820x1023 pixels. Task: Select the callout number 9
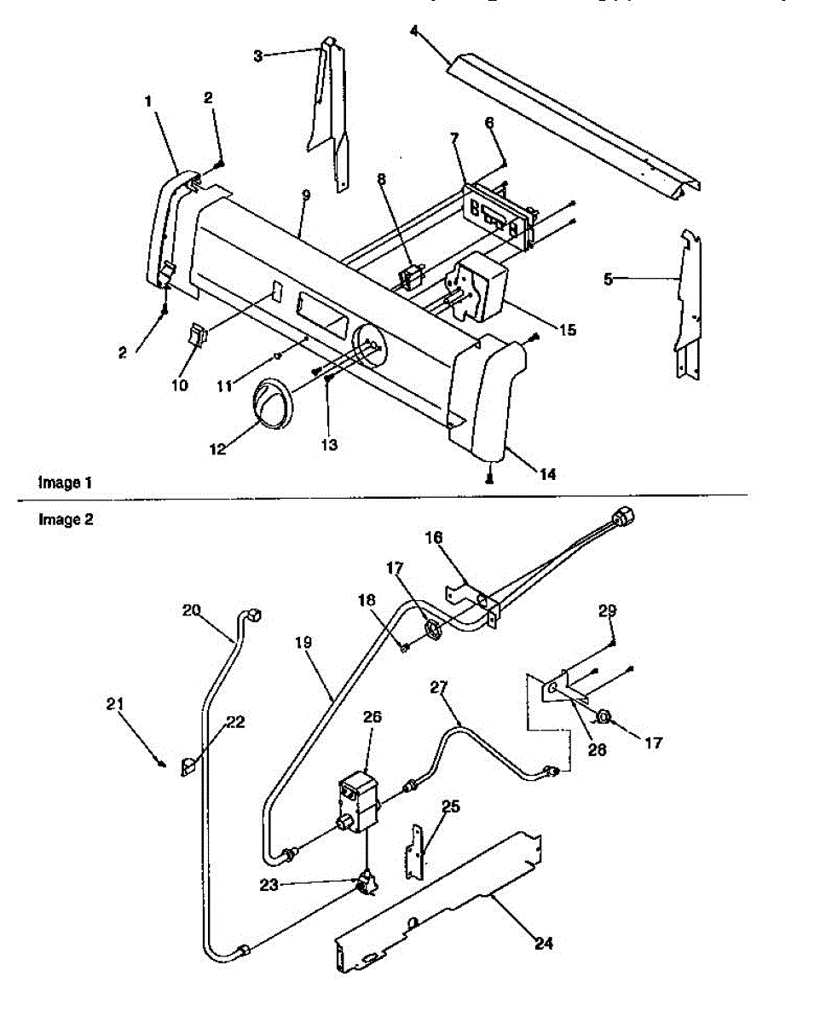tap(305, 195)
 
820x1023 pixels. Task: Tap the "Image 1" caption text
tap(65, 483)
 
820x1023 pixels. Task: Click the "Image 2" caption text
tap(66, 519)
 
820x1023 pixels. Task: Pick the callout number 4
tap(413, 32)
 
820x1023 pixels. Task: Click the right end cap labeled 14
tap(482, 396)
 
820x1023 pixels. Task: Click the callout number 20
tap(192, 610)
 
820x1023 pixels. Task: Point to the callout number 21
tap(116, 703)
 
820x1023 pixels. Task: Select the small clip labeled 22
tap(189, 766)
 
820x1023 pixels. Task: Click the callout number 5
tap(608, 278)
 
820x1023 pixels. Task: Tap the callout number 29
tap(607, 610)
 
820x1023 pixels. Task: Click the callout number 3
tap(257, 55)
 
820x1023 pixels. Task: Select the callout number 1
tap(147, 101)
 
